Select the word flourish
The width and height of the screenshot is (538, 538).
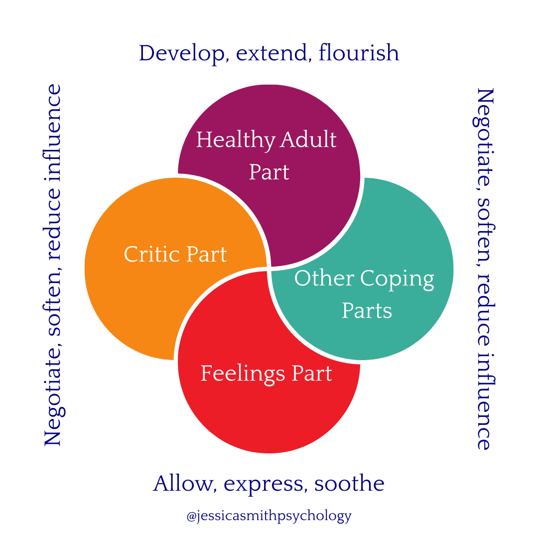pos(359,53)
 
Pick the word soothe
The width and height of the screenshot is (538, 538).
pos(349,484)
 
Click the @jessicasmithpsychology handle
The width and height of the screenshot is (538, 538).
pos(269,516)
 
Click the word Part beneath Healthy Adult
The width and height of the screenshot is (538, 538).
pos(269,172)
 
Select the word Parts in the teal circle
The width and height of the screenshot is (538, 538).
pos(367,310)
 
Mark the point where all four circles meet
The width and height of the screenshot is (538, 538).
pos(269,269)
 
